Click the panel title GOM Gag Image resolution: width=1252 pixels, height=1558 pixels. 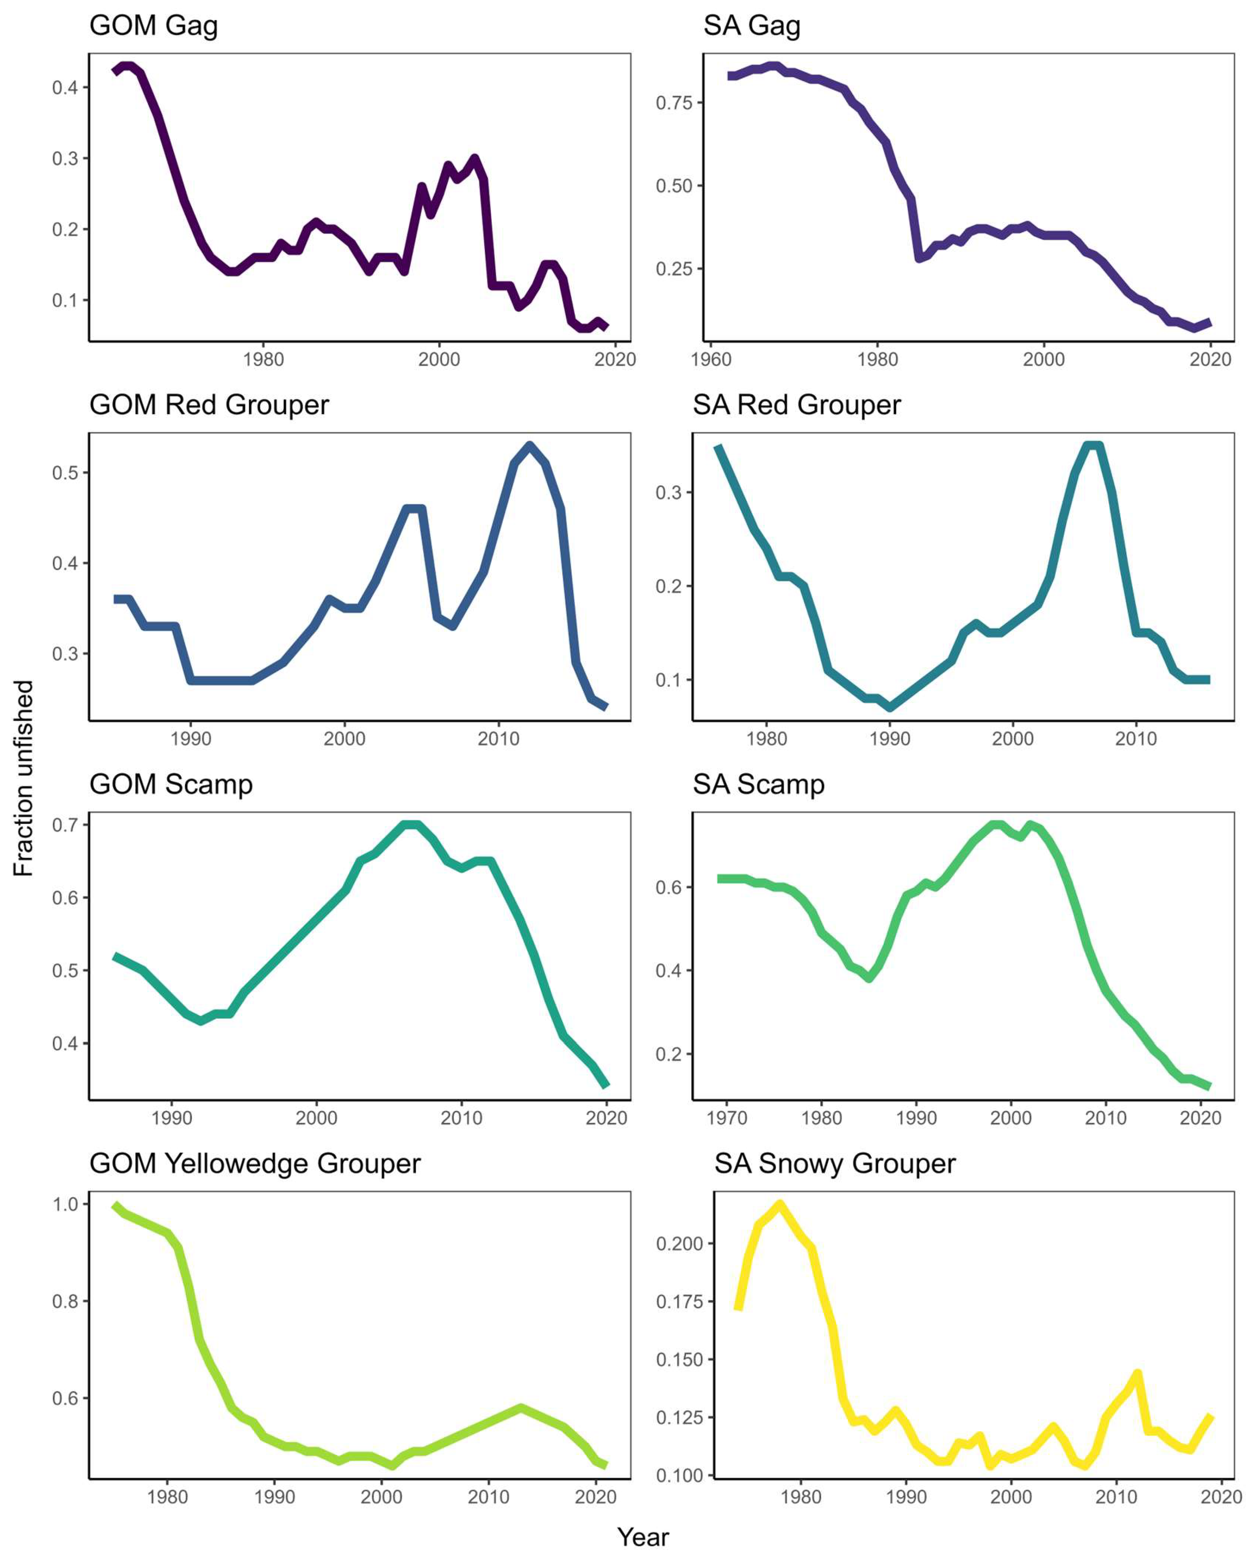point(153,26)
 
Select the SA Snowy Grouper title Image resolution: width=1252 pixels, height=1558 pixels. point(835,1164)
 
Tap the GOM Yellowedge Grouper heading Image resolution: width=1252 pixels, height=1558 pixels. point(255,1164)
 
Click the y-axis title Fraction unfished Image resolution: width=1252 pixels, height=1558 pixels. point(24,778)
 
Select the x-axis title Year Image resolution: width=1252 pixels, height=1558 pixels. point(643,1537)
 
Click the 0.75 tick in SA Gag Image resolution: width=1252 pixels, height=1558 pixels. point(674,103)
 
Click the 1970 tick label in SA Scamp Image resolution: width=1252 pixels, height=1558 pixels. point(726,1118)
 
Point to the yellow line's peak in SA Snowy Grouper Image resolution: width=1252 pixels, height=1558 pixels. point(779,1204)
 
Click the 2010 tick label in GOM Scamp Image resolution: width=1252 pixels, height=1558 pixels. point(461,1118)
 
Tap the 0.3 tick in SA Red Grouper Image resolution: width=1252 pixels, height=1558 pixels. point(669,493)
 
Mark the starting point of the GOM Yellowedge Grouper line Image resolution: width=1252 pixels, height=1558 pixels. point(115,1205)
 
